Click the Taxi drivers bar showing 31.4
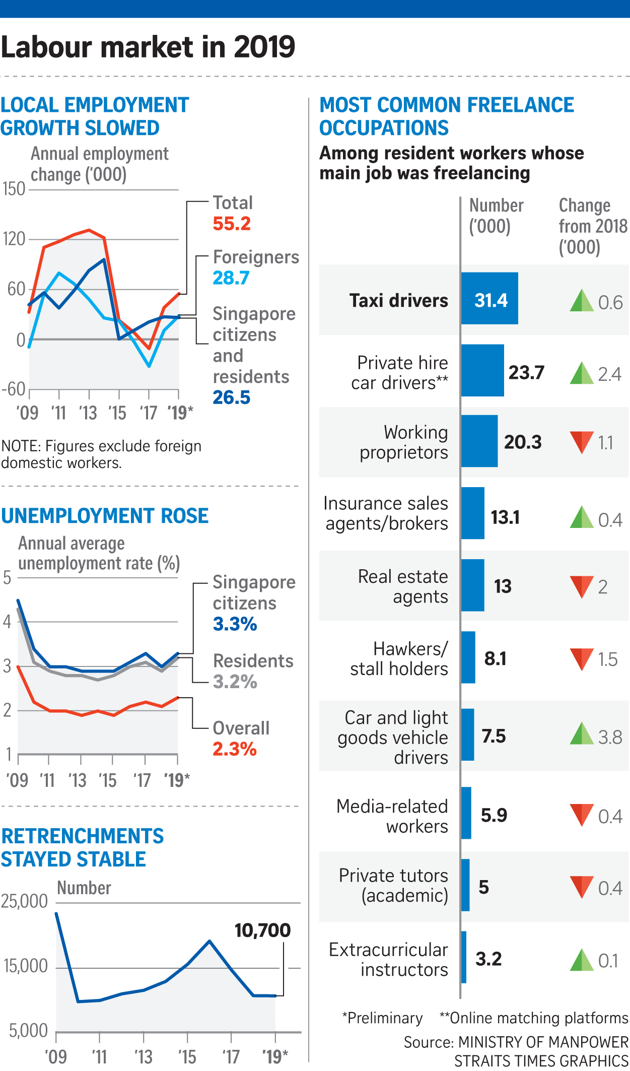[x=489, y=299]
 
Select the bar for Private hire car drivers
[x=482, y=371]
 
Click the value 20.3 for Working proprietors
[x=523, y=442]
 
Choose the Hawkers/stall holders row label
[x=399, y=658]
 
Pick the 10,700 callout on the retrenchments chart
[x=262, y=930]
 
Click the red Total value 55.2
[x=232, y=224]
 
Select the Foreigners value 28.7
[x=231, y=278]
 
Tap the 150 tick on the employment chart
[x=14, y=189]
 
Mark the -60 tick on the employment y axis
[x=14, y=389]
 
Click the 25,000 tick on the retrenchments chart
[x=24, y=901]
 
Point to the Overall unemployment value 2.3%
[x=235, y=749]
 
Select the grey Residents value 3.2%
[x=235, y=682]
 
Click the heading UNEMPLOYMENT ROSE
[x=105, y=516]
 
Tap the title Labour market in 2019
[x=148, y=47]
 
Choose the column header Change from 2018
[x=593, y=226]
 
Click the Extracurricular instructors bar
[x=464, y=957]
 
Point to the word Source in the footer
[x=429, y=1042]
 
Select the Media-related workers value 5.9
[x=494, y=815]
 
